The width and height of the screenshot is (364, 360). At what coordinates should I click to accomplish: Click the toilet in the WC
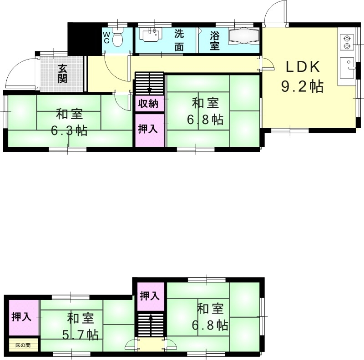[x=118, y=38]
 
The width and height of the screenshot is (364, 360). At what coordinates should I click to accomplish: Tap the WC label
[x=106, y=37]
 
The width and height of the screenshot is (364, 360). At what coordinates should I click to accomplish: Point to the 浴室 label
[x=214, y=40]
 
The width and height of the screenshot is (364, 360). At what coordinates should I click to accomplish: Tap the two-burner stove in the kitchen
[x=347, y=41]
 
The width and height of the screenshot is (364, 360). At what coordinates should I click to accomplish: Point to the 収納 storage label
[x=148, y=104]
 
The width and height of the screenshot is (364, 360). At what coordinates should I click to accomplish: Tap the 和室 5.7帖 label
[x=81, y=326]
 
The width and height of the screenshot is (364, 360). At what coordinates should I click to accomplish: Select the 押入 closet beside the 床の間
[x=21, y=316]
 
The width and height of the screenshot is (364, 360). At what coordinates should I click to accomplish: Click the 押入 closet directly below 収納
[x=148, y=129]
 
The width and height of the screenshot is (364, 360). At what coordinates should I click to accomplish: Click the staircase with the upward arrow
[x=151, y=324]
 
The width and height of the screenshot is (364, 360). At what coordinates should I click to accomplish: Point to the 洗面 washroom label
[x=180, y=40]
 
